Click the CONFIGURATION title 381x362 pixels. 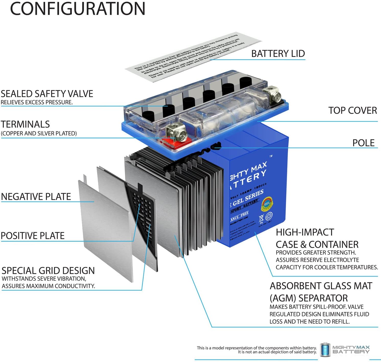pyautogui.click(x=77, y=9)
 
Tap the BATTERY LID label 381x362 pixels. pyautogui.click(x=278, y=54)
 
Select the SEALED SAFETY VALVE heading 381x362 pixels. pyautogui.click(x=47, y=94)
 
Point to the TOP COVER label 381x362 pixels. pyautogui.click(x=352, y=110)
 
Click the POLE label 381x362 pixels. pyautogui.click(x=363, y=143)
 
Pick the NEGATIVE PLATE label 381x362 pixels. pyautogui.click(x=36, y=196)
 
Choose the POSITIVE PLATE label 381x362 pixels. pyautogui.click(x=33, y=236)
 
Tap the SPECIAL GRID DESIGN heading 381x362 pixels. pyautogui.click(x=48, y=271)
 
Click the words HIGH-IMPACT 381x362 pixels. pyautogui.click(x=305, y=232)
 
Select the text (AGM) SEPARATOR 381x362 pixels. pyautogui.click(x=309, y=298)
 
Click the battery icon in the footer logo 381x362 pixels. pyautogui.click(x=325, y=349)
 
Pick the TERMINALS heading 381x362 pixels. pyautogui.click(x=25, y=124)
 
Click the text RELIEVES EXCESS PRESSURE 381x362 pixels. pyautogui.click(x=37, y=102)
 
